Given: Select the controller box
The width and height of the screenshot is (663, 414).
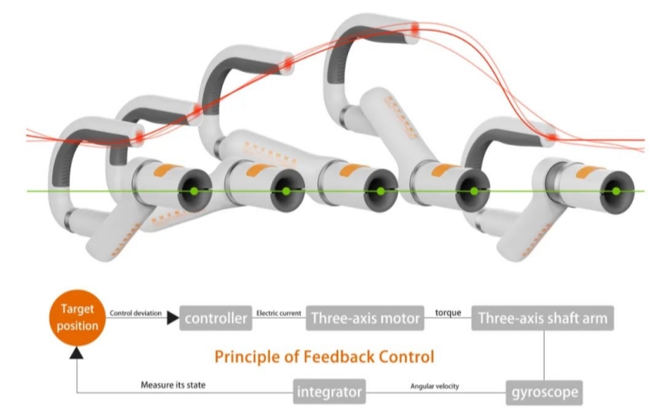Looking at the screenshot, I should pyautogui.click(x=217, y=318).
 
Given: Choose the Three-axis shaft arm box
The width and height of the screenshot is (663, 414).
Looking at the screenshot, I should pyautogui.click(x=543, y=318).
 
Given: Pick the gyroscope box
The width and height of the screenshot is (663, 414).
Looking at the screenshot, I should pyautogui.click(x=544, y=388).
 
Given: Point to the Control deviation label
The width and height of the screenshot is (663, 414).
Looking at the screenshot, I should pyautogui.click(x=137, y=313).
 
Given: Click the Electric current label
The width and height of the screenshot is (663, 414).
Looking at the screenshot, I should pyautogui.click(x=279, y=313).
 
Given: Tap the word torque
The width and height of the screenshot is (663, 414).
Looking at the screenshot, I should pyautogui.click(x=449, y=313).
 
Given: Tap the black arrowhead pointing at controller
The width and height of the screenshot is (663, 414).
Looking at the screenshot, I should pyautogui.click(x=172, y=318).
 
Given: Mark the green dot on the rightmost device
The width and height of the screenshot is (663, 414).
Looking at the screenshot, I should pyautogui.click(x=615, y=191).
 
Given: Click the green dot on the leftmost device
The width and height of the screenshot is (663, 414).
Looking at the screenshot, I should pyautogui.click(x=194, y=191).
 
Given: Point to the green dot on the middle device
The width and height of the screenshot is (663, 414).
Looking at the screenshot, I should pyautogui.click(x=380, y=191).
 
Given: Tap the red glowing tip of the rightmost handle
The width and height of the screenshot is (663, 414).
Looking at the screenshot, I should pyautogui.click(x=551, y=133).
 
